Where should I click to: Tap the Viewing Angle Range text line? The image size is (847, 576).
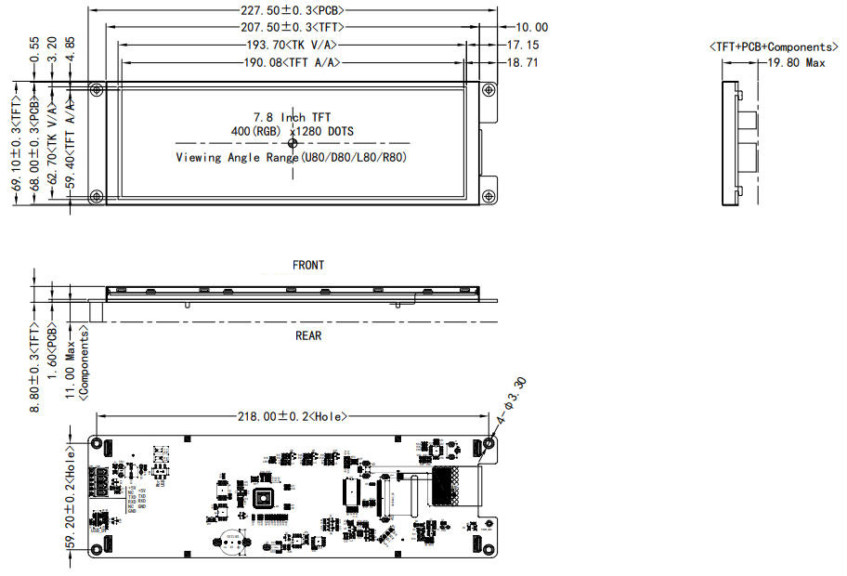292,157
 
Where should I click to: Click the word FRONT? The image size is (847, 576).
308,265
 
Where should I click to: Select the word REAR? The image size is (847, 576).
308,335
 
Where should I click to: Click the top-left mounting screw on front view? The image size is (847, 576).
97,89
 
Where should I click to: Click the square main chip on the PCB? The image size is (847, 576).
266,497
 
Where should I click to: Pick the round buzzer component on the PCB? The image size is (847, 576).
232,543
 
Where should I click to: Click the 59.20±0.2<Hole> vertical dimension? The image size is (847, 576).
72,497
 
